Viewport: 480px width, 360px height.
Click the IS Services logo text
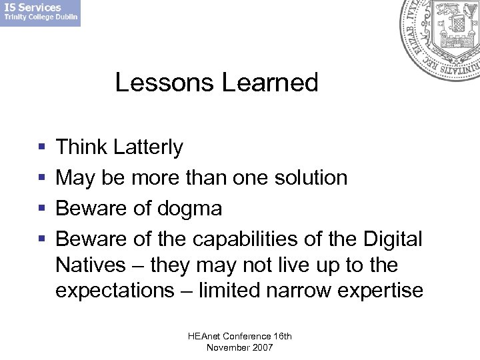point(35,8)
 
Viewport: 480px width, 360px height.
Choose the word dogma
point(191,208)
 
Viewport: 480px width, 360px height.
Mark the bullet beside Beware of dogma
point(43,209)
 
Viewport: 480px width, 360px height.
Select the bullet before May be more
point(43,178)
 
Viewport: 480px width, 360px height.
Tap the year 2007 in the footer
point(260,347)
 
